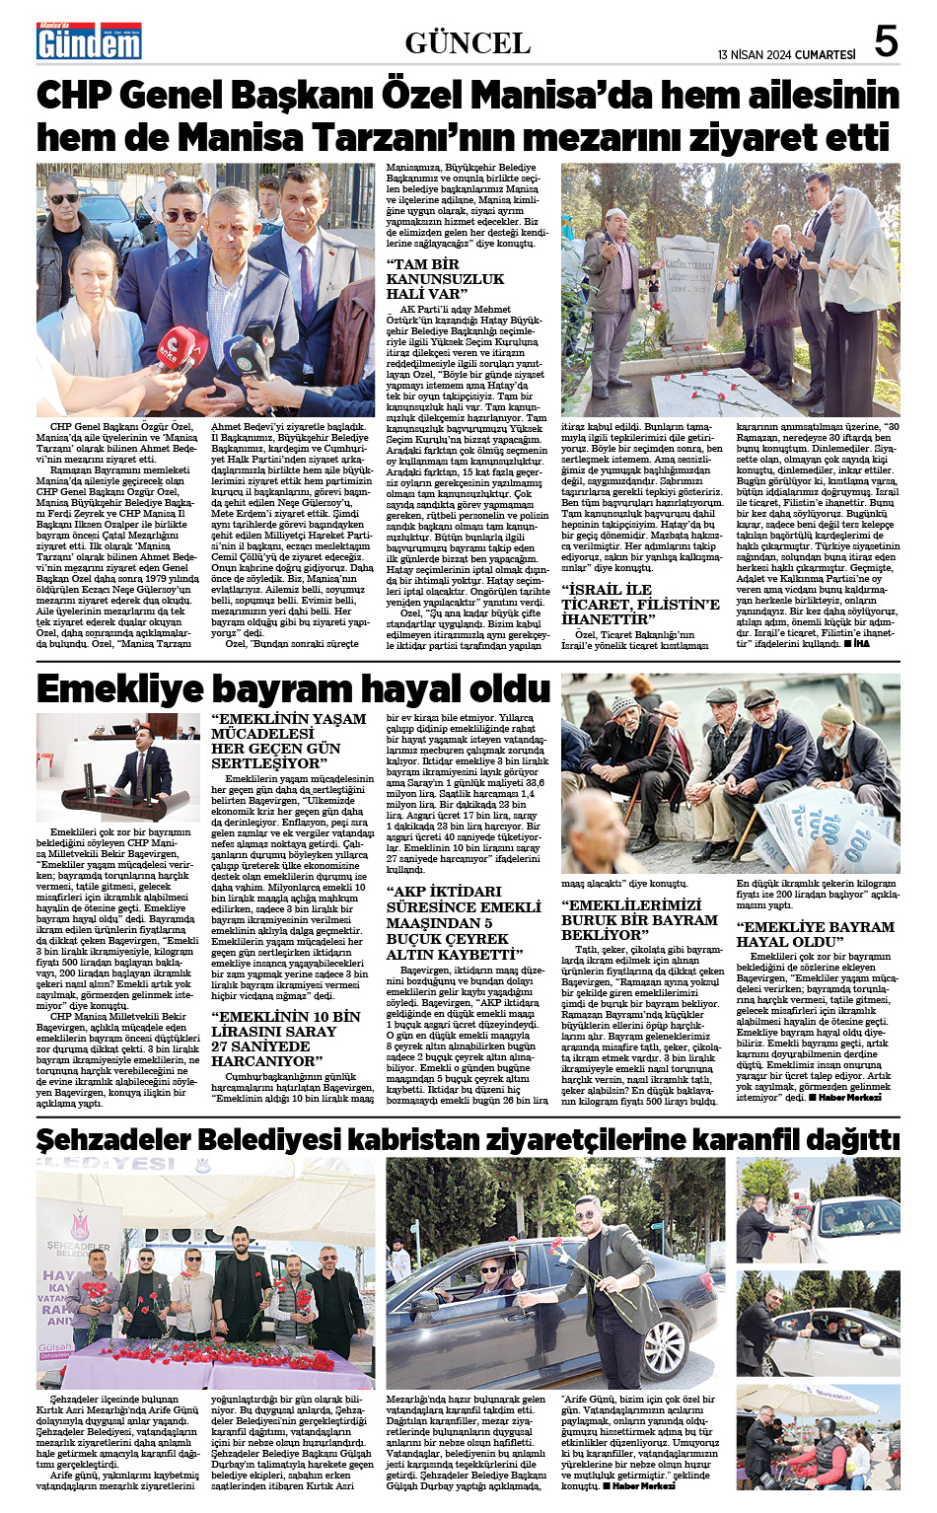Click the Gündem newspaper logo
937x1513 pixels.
coord(89,42)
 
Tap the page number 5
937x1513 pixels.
coord(886,41)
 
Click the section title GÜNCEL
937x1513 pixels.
coord(468,43)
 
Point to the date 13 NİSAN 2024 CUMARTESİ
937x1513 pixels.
coord(786,55)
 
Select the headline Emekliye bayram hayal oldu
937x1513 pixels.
coord(293,688)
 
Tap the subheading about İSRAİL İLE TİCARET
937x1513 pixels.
coord(640,604)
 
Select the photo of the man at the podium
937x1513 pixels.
coord(118,767)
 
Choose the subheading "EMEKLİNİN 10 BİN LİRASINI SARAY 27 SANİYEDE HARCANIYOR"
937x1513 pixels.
coord(286,1039)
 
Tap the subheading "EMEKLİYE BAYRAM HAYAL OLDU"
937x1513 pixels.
coord(815,934)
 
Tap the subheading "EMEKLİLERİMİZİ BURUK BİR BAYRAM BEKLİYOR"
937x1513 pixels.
coord(639,919)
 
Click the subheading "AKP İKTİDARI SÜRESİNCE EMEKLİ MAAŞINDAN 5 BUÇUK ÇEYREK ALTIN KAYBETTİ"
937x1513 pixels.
coord(464,922)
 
